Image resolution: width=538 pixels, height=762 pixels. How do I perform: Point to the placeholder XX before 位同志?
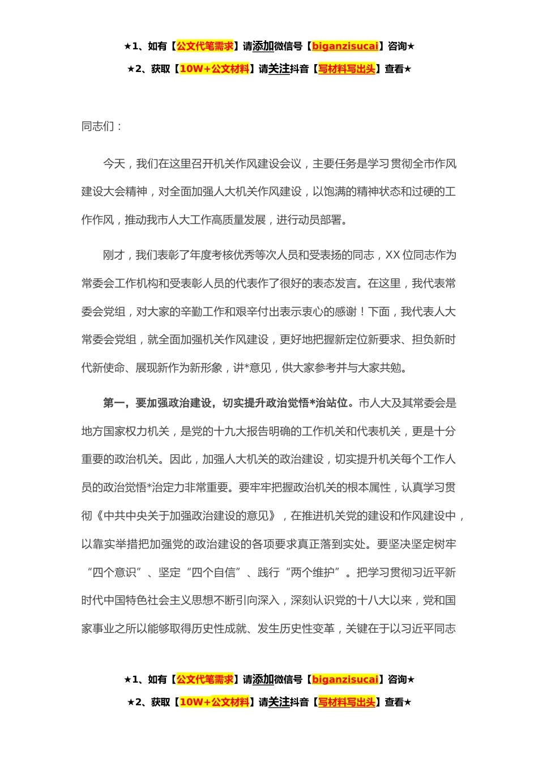(x=392, y=255)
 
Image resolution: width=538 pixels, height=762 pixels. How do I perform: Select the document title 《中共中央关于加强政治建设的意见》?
(x=187, y=516)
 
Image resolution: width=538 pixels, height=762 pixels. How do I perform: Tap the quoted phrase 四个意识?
(x=114, y=573)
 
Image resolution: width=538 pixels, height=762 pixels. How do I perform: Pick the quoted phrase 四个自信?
(x=214, y=573)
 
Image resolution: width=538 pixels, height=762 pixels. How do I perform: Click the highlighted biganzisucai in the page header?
(x=345, y=46)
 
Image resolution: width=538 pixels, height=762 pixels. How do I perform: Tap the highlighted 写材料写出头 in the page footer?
(x=347, y=702)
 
